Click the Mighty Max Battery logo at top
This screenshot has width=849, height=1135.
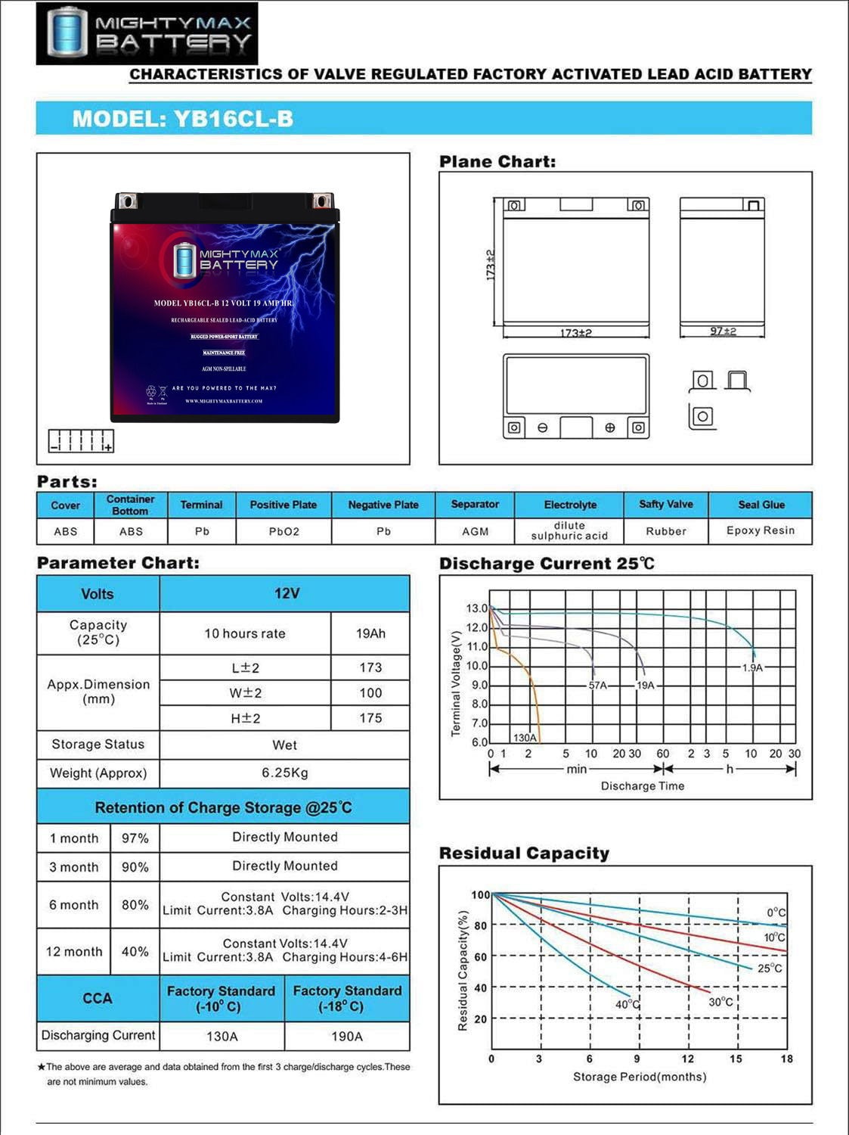coord(147,33)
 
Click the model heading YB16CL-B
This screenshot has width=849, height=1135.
coord(182,119)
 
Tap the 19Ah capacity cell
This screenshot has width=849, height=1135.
coord(370,633)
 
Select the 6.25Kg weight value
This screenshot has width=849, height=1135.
coord(284,773)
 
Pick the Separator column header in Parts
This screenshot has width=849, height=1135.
coord(475,505)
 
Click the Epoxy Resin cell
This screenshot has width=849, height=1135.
coord(760,530)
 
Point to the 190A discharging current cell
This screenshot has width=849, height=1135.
coord(346,1036)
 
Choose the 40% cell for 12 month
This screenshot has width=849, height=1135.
coord(135,951)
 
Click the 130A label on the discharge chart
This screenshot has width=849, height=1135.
coord(525,737)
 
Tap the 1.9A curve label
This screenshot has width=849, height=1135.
coord(752,667)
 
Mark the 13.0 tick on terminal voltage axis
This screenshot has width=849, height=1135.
coord(476,608)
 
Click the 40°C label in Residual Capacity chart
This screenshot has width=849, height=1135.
coord(627,1004)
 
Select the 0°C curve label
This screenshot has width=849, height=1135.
coord(776,913)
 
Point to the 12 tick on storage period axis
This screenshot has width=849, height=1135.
coord(687,1059)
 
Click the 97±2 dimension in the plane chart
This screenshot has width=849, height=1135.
coord(723,331)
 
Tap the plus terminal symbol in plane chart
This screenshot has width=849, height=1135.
coord(610,428)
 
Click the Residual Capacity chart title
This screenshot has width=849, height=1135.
coord(524,854)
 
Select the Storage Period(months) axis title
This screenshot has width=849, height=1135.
coord(640,1077)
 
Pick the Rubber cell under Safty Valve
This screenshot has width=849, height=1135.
coord(665,531)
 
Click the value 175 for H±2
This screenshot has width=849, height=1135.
coord(370,718)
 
